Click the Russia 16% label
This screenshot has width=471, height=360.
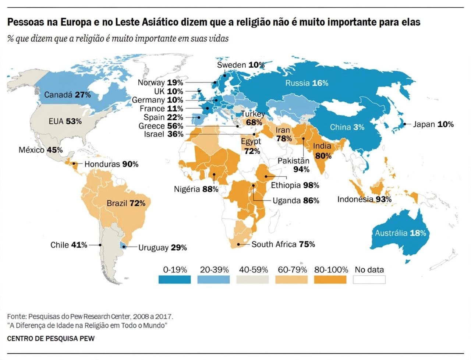[307, 83]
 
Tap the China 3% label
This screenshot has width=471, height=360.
[347, 127]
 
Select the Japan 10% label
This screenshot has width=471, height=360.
[433, 124]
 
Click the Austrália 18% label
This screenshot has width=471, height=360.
[400, 233]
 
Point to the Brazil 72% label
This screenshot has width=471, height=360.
[126, 203]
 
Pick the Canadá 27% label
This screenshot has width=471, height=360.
[67, 95]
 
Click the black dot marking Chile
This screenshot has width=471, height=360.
[100, 245]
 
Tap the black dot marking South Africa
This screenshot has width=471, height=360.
[238, 244]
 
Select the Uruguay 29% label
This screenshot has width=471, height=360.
[162, 248]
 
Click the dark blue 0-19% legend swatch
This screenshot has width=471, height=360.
[174, 280]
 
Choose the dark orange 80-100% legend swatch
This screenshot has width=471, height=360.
[330, 280]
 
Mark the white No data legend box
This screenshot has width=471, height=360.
[369, 280]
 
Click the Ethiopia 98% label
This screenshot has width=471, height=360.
[295, 185]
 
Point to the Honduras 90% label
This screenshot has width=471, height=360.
[111, 164]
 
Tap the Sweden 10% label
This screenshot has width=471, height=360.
[241, 65]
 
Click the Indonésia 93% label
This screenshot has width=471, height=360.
[364, 199]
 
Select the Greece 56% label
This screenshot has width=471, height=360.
[161, 126]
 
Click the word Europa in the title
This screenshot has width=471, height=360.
[76, 22]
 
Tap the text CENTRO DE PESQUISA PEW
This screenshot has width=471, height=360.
[51, 339]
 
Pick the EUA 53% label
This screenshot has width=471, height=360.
[65, 121]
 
